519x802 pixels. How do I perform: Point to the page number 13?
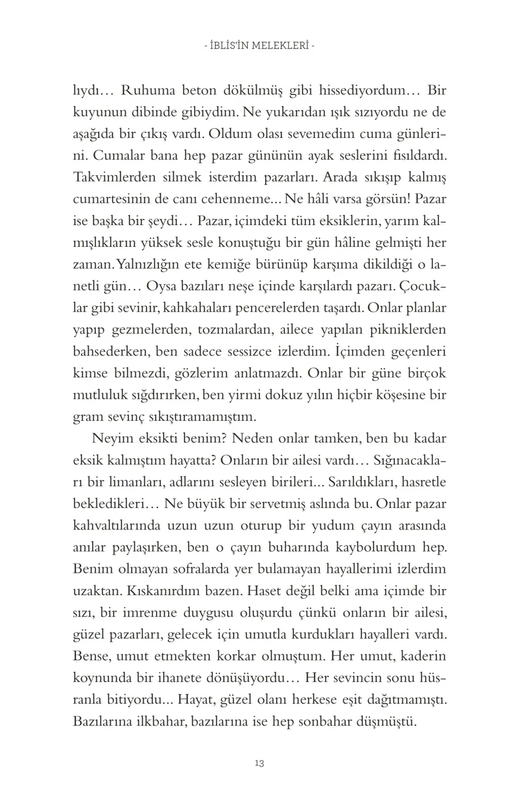pyautogui.click(x=259, y=763)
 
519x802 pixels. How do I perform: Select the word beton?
pyautogui.click(x=195, y=91)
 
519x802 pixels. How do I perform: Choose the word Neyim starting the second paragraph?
pyautogui.click(x=112, y=438)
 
